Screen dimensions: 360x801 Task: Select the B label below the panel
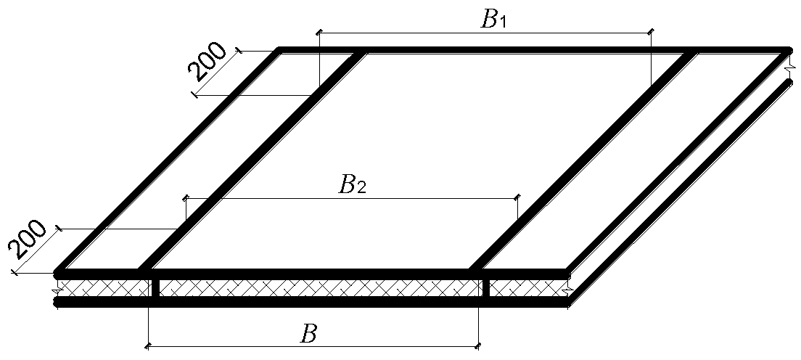[x=308, y=335]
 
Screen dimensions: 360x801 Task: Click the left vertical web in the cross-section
[x=155, y=288]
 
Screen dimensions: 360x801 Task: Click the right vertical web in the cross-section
[x=486, y=288]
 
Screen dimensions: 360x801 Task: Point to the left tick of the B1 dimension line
[x=319, y=33]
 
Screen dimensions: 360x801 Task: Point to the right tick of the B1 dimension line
[x=651, y=33]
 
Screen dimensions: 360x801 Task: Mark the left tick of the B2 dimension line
[x=186, y=197]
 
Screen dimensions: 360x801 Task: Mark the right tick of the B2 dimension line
[x=517, y=197]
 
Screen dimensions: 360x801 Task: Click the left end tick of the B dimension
[x=148, y=346]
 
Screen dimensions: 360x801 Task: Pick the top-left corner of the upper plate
[x=279, y=49]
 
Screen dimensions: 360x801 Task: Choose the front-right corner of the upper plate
[x=567, y=273]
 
